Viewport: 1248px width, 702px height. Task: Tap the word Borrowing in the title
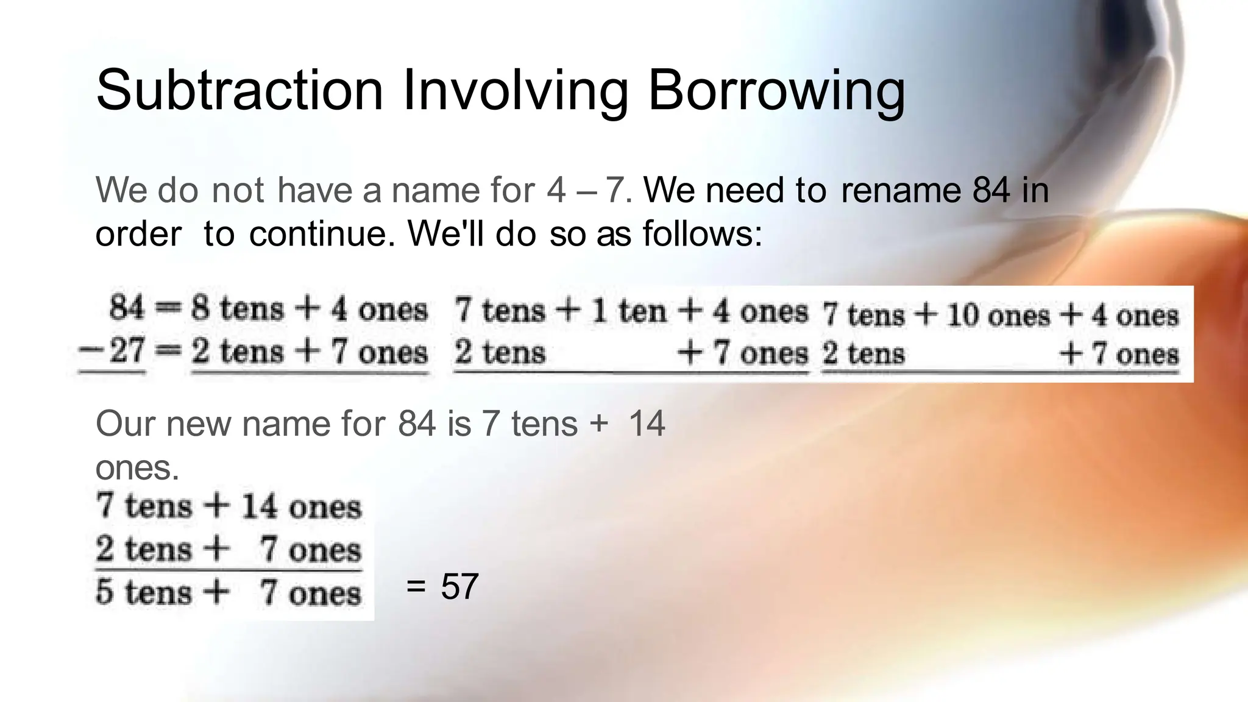point(776,91)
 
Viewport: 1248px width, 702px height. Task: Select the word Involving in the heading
point(515,91)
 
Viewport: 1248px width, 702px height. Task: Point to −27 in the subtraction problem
point(113,352)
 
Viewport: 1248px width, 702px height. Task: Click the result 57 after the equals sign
point(459,587)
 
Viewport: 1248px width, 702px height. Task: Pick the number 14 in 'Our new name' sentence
point(647,424)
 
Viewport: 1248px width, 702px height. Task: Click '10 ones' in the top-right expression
point(998,316)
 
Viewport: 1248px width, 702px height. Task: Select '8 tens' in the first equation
point(237,308)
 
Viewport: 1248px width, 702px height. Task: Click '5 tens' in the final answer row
point(143,592)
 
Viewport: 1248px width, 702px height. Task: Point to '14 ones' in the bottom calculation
point(301,507)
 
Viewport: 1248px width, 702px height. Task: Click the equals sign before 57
point(416,587)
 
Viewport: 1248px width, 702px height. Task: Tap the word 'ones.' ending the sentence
point(137,468)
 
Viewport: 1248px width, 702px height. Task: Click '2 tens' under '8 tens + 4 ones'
point(237,352)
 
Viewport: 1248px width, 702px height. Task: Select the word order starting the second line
point(138,233)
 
